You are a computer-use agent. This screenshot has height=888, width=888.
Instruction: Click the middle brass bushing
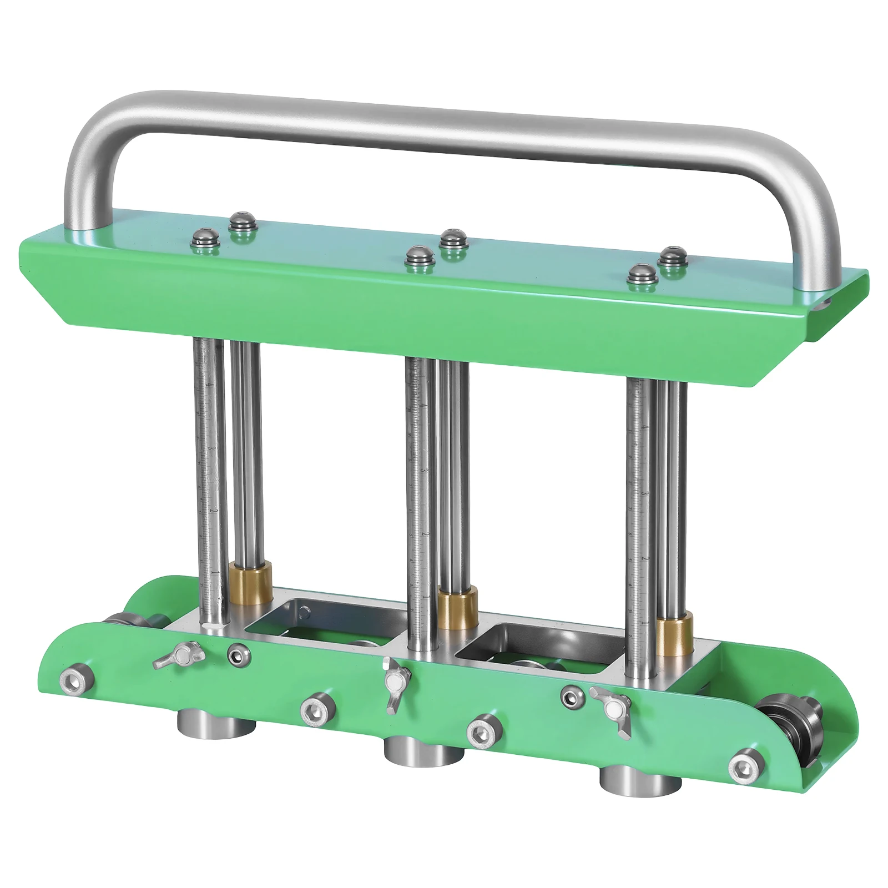point(458,609)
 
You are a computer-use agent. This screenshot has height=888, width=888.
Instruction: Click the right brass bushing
point(674,632)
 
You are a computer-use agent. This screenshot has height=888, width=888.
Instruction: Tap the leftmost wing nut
point(179,655)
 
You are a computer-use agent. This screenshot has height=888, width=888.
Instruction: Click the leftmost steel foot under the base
point(217,722)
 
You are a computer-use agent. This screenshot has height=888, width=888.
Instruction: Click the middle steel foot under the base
point(422,749)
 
